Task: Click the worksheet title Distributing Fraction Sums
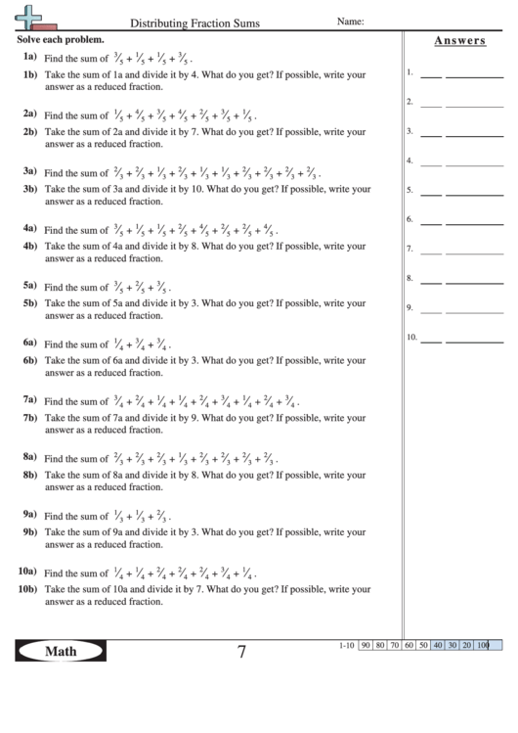(x=194, y=22)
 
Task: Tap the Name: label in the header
(x=351, y=20)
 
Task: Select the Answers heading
(x=459, y=40)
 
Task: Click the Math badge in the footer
(x=60, y=652)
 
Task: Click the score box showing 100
(x=484, y=646)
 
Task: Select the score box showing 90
(x=366, y=646)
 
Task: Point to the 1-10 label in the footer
(x=345, y=646)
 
